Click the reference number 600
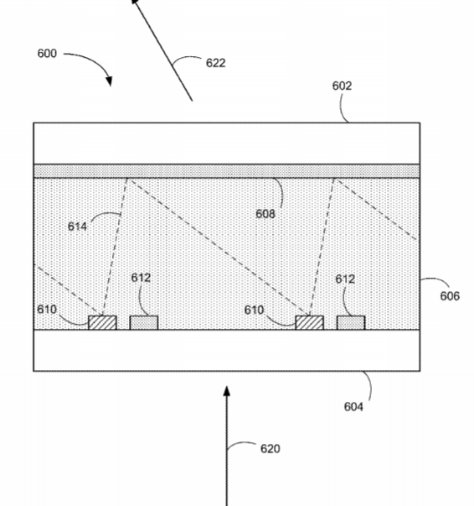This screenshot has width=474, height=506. pyautogui.click(x=47, y=53)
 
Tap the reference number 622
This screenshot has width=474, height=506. pyautogui.click(x=216, y=63)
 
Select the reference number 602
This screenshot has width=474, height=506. pyautogui.click(x=342, y=86)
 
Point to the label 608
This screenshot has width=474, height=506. pyautogui.click(x=265, y=214)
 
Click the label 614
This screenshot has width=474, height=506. pyautogui.click(x=77, y=227)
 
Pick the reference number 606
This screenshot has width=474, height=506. pyautogui.click(x=450, y=296)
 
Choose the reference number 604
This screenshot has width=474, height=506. pyautogui.click(x=353, y=407)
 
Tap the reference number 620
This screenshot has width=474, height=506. pyautogui.click(x=270, y=449)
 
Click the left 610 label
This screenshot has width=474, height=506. pyautogui.click(x=47, y=310)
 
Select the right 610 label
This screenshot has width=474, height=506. pyautogui.click(x=254, y=310)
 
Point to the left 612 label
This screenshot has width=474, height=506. pyautogui.click(x=141, y=278)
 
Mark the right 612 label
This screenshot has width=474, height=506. pyautogui.click(x=345, y=279)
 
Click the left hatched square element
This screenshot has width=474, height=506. pyautogui.click(x=102, y=323)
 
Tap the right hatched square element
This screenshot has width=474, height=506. pyautogui.click(x=310, y=323)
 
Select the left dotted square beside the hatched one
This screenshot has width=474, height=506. pyautogui.click(x=144, y=323)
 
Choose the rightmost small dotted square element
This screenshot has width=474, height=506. pyautogui.click(x=351, y=323)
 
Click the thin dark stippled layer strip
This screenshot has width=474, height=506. pyautogui.click(x=227, y=171)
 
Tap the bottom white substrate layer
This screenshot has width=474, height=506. pyautogui.click(x=227, y=351)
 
